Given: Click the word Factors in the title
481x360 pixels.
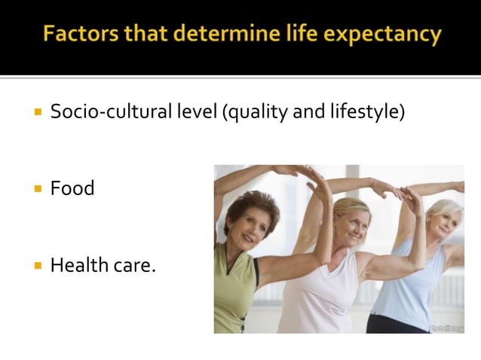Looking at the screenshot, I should point(78,35).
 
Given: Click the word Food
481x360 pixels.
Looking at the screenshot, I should point(72,188).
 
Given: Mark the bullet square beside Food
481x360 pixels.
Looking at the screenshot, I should point(37,189).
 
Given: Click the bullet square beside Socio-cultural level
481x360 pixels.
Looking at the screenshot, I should point(37,114).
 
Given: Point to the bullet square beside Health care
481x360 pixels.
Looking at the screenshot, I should point(37,266).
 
